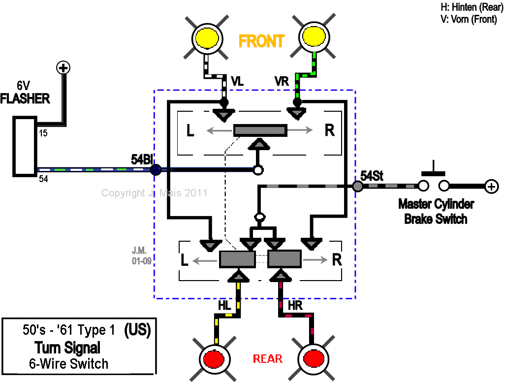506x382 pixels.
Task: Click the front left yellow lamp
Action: tap(207, 38)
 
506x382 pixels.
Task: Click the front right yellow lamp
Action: tap(314, 37)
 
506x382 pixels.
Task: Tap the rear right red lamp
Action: tap(313, 358)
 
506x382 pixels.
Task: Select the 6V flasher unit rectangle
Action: tap(25, 147)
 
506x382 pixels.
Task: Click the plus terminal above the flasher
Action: tap(63, 68)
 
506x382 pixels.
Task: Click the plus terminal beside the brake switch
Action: tap(491, 187)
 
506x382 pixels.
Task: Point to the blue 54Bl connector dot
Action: tap(156, 169)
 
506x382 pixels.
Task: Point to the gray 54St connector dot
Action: tap(357, 186)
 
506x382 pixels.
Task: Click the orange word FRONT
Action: tap(261, 41)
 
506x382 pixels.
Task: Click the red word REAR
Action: tap(268, 359)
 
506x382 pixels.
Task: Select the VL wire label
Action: tap(237, 81)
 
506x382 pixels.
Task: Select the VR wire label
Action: tap(282, 81)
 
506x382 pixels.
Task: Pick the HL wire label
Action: tap(224, 305)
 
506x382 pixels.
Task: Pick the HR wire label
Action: tap(295, 305)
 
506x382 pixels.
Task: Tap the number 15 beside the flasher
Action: tap(43, 133)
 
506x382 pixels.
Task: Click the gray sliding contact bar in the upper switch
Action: tap(260, 130)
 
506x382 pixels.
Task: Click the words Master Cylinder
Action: tap(436, 204)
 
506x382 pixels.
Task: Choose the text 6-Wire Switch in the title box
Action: tap(69, 364)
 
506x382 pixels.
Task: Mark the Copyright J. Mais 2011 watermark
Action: tap(154, 193)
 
